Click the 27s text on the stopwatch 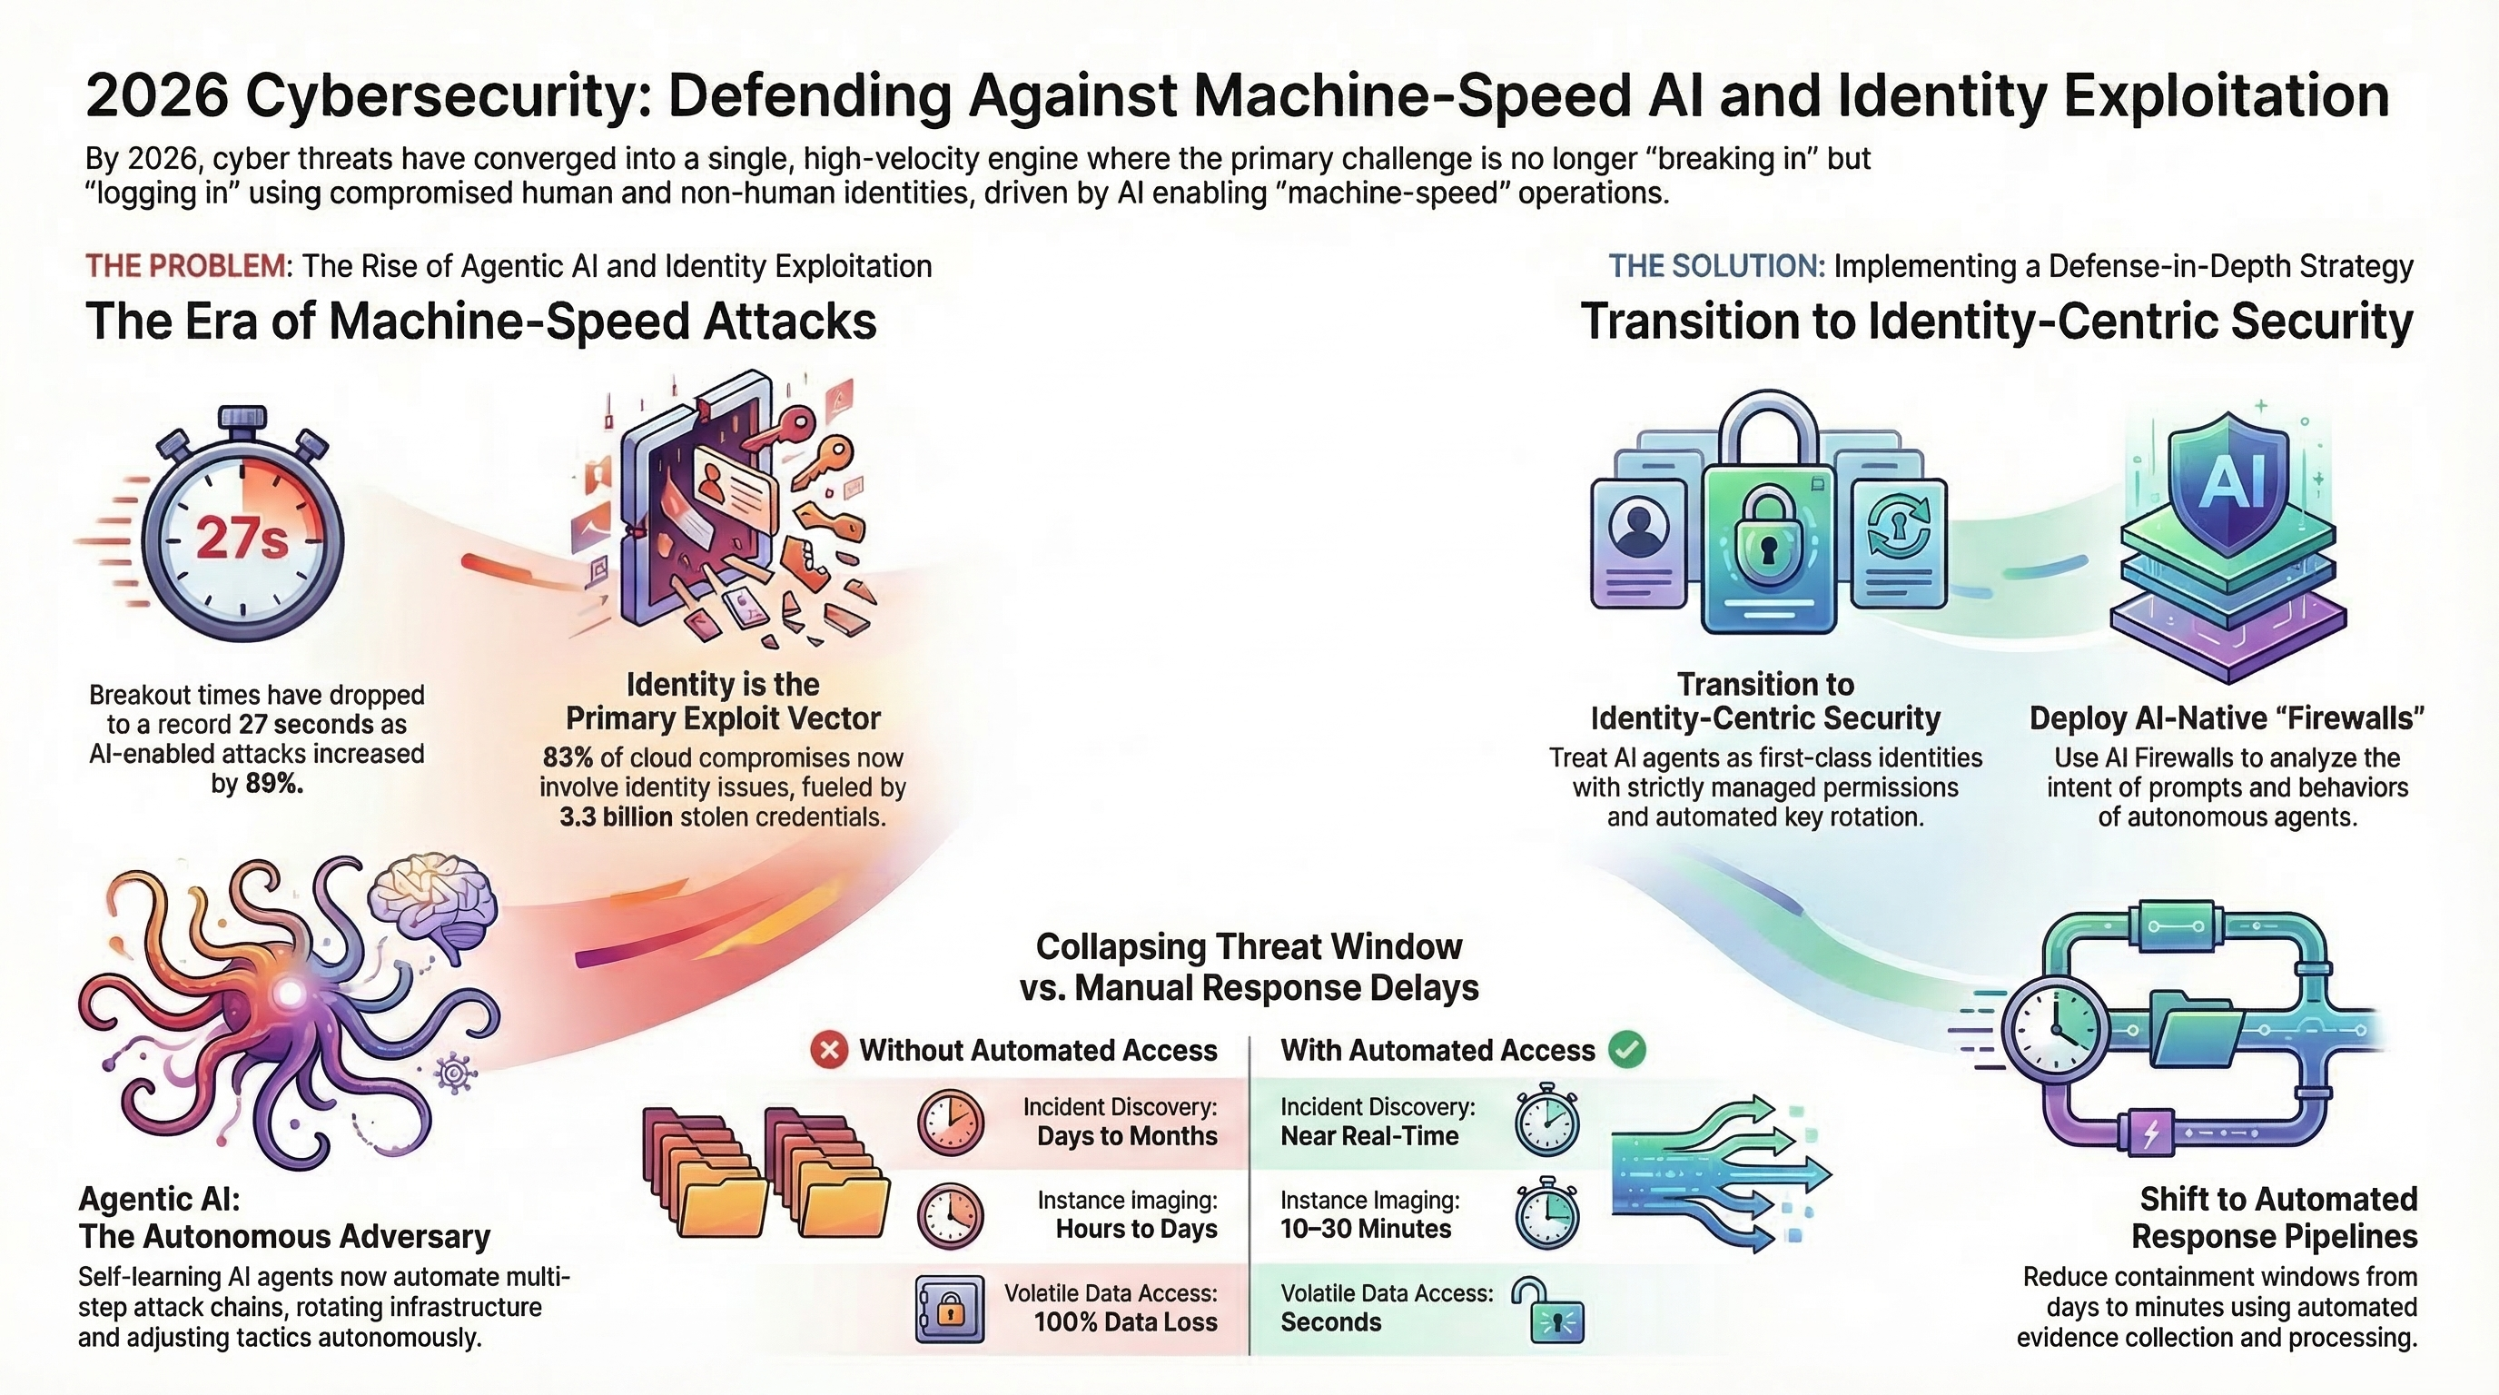pyautogui.click(x=242, y=539)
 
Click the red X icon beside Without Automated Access pyautogui.click(x=829, y=1050)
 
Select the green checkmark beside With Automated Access pyautogui.click(x=1627, y=1050)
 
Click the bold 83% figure pyautogui.click(x=568, y=757)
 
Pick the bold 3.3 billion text pyautogui.click(x=616, y=816)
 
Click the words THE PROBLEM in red pyautogui.click(x=186, y=266)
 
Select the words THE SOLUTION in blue pyautogui.click(x=1716, y=266)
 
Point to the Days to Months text pyautogui.click(x=1126, y=1136)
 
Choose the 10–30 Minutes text pyautogui.click(x=1366, y=1229)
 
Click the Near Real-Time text pyautogui.click(x=1369, y=1136)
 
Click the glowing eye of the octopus pyautogui.click(x=289, y=993)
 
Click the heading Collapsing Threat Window pyautogui.click(x=1249, y=945)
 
